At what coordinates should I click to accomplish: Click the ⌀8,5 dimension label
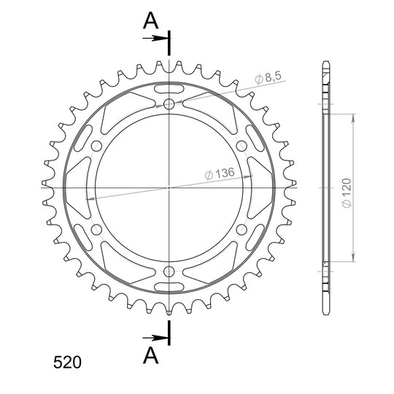pos(268,77)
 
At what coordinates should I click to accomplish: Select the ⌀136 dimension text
pos(220,174)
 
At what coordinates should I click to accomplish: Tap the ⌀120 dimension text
pos(347,193)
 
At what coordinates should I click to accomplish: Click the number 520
pos(67,363)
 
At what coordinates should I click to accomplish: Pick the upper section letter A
pos(150,20)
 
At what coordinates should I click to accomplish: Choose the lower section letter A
pos(151,355)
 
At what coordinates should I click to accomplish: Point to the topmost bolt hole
pos(169,104)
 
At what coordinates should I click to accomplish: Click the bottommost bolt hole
pos(169,271)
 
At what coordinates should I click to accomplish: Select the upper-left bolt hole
pos(96,146)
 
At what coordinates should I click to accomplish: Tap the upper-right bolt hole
pos(242,146)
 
